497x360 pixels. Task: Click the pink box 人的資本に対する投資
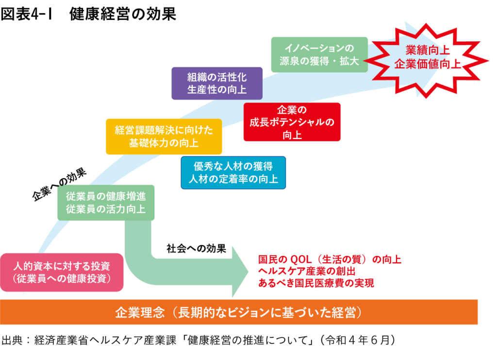(61, 272)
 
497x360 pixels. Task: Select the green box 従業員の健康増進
(106, 203)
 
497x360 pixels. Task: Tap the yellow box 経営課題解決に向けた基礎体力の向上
(164, 137)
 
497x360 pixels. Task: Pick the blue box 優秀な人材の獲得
(233, 172)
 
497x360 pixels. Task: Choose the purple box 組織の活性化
(216, 83)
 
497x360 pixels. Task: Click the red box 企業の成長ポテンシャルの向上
(292, 122)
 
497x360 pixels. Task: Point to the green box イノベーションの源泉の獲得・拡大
(319, 54)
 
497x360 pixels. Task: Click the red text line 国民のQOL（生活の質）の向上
(330, 259)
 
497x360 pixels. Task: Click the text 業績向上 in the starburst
(427, 50)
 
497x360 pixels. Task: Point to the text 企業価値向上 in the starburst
(427, 64)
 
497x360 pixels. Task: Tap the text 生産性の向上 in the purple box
(216, 89)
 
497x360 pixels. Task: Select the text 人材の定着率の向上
(233, 179)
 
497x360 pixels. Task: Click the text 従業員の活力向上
(106, 209)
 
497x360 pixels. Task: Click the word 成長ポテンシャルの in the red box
(292, 122)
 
